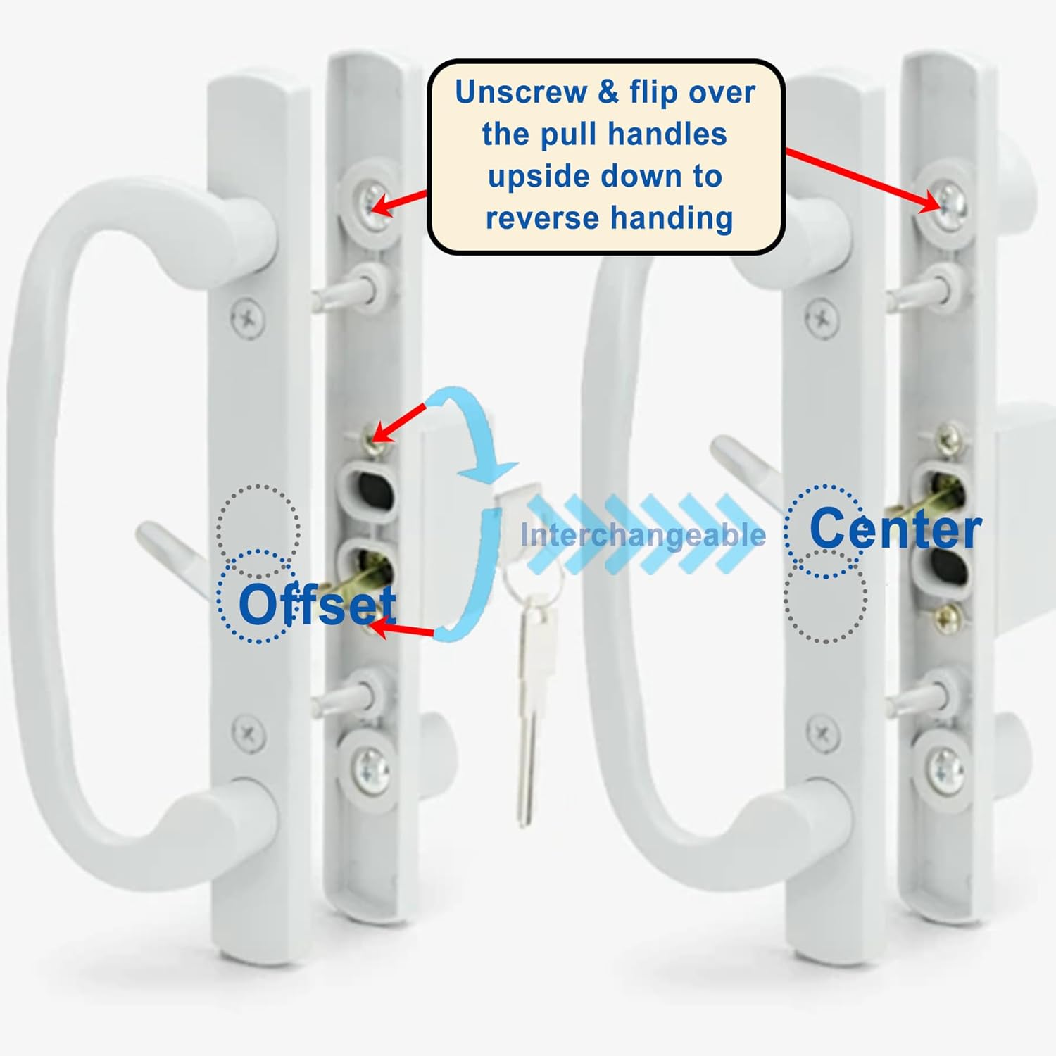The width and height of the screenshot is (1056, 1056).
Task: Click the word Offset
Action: tap(317, 604)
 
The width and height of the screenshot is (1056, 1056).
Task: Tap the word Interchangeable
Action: tap(643, 535)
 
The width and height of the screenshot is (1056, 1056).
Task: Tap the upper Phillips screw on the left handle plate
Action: tap(248, 319)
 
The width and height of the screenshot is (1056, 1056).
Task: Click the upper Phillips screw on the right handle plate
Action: tap(822, 319)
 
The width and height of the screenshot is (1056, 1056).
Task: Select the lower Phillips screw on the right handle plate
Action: tap(822, 734)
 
